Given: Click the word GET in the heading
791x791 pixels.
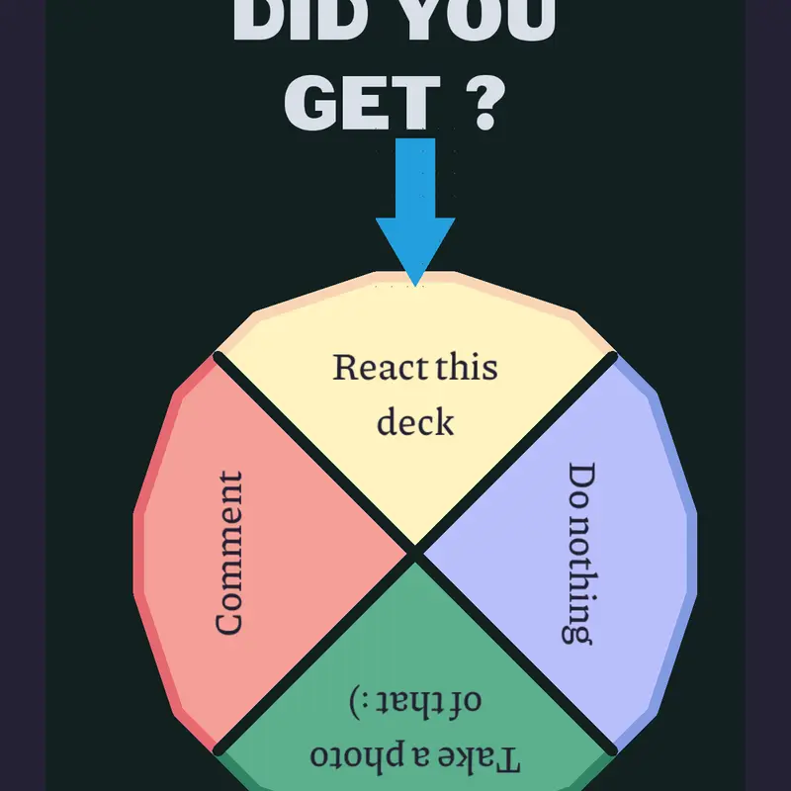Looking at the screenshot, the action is (362, 103).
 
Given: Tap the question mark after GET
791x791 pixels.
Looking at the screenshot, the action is (485, 103).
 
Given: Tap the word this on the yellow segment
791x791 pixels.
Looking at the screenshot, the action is (467, 367).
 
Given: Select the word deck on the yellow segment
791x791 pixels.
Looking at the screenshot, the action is (415, 421).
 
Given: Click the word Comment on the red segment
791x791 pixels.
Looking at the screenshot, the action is (229, 553).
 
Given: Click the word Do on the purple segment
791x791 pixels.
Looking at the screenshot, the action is (582, 485).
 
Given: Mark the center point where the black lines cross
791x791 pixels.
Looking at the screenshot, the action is (415, 554).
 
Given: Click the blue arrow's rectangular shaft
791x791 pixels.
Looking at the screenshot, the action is (415, 178).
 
